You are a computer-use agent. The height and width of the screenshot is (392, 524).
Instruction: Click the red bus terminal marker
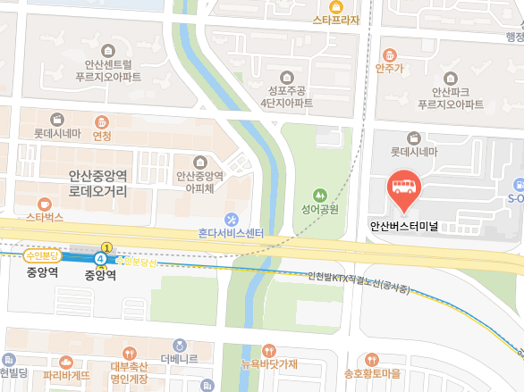coord(402,188)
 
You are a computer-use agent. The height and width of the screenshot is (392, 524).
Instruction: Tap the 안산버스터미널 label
coord(402,226)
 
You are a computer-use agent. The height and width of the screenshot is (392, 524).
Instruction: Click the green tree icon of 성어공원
coord(318,195)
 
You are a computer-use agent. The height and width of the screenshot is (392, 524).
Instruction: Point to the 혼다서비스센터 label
coord(232,233)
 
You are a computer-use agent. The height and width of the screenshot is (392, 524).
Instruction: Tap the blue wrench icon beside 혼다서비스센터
coord(232,219)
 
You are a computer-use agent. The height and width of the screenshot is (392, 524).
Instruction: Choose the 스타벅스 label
coord(44,217)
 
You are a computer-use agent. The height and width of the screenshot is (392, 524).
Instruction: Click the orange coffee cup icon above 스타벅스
coord(44,203)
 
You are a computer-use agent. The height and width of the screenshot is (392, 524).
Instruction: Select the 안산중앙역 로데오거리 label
coord(97,184)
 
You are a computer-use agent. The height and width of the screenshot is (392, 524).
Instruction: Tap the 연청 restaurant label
coord(102,136)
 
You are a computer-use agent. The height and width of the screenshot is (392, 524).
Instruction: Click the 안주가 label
coord(390,67)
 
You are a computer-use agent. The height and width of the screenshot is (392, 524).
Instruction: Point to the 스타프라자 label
coord(336,20)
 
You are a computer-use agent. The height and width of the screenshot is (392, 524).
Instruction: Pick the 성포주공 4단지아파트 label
coord(286,96)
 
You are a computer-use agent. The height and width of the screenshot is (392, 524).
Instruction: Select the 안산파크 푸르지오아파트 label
coord(444,97)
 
